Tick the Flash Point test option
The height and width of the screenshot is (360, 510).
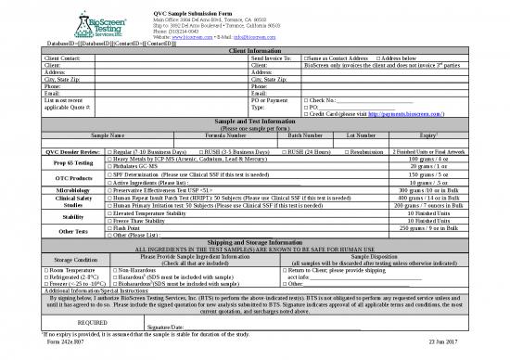tap(110, 227)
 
